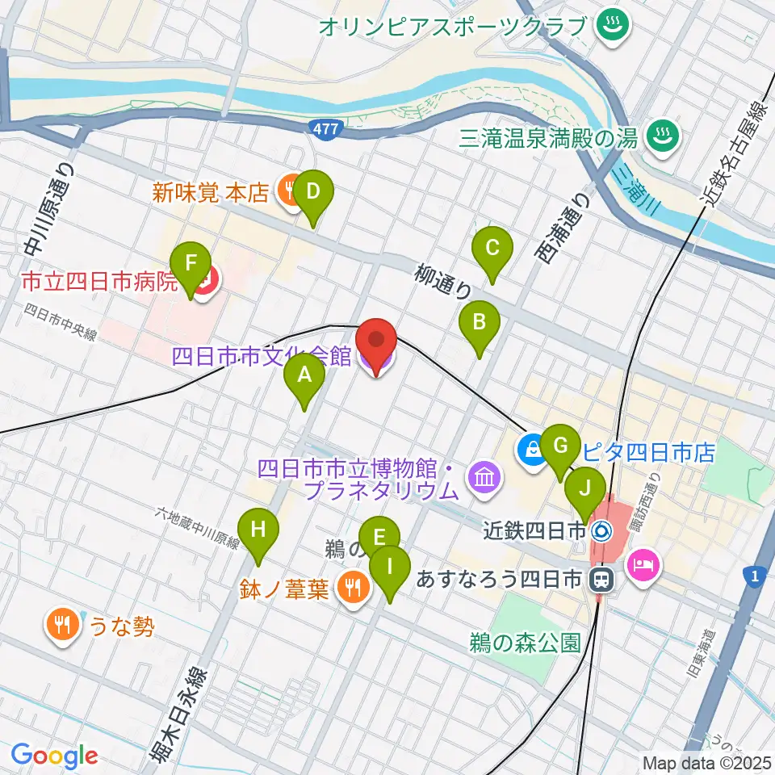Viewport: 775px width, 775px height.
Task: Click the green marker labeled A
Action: (x=304, y=375)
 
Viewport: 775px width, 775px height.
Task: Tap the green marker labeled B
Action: (x=480, y=323)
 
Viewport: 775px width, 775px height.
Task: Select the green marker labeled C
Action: (x=492, y=248)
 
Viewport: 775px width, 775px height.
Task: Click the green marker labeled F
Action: (x=191, y=264)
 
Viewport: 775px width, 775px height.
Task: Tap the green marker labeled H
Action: (x=258, y=530)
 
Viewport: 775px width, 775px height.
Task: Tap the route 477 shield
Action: (x=325, y=128)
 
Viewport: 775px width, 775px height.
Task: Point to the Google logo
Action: (x=55, y=756)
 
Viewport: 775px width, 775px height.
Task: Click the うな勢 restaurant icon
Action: (x=63, y=624)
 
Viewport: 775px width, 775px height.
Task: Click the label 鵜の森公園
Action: (x=525, y=643)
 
